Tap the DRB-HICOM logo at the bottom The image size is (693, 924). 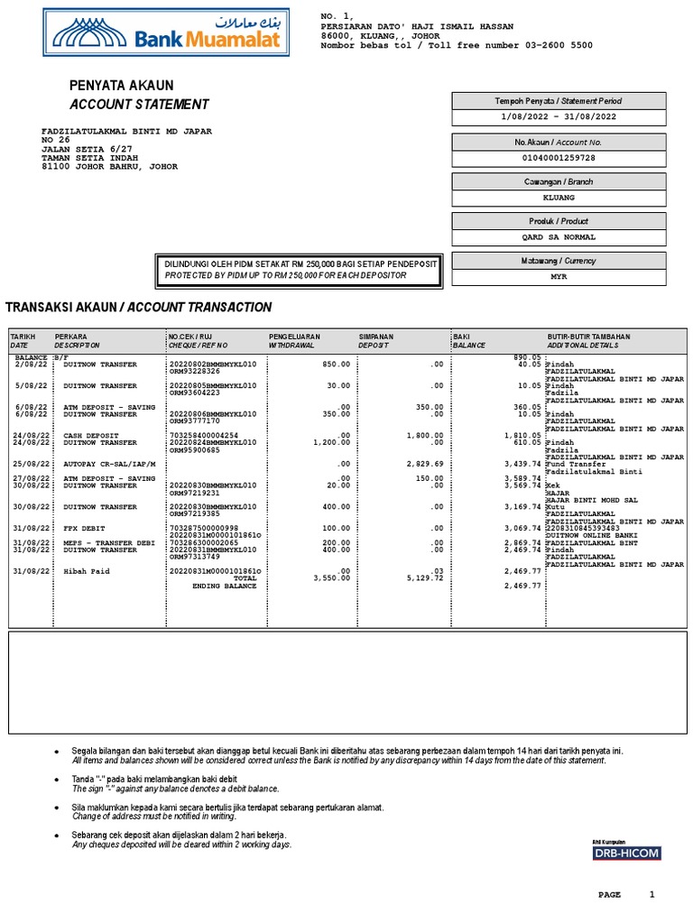[x=626, y=853]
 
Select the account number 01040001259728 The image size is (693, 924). [x=559, y=158]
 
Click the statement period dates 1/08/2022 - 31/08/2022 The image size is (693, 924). [x=559, y=117]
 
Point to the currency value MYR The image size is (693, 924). [x=559, y=277]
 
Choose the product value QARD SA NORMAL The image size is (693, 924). [x=559, y=237]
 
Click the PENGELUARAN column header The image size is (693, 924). [x=295, y=336]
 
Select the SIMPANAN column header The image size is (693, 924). [x=376, y=336]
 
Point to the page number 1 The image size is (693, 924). [x=652, y=894]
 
